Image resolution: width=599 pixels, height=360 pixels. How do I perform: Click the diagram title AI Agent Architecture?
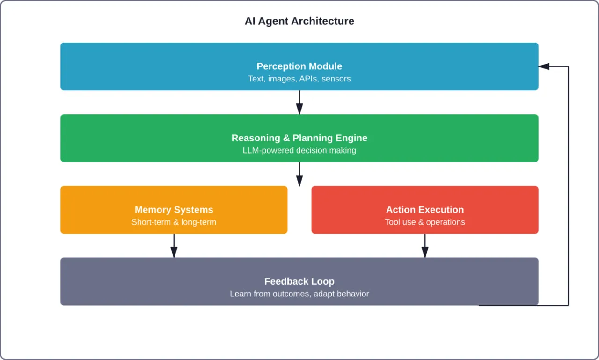point(299,21)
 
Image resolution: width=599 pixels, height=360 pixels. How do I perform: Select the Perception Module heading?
point(299,66)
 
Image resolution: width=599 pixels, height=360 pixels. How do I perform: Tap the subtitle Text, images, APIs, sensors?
point(299,79)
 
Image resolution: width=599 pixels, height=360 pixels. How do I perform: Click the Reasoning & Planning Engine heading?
point(299,138)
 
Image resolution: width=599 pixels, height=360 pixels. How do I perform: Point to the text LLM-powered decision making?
point(299,150)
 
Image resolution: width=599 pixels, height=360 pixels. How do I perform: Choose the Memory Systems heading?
point(174,210)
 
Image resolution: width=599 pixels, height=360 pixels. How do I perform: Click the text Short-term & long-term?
point(174,222)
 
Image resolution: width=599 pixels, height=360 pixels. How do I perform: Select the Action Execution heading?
point(424,210)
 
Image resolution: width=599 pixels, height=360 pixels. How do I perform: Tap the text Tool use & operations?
point(424,222)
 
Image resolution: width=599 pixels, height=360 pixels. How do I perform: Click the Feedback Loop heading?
point(299,281)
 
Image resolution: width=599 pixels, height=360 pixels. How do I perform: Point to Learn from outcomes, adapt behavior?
point(299,294)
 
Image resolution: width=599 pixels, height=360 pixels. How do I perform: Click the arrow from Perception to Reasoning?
point(299,102)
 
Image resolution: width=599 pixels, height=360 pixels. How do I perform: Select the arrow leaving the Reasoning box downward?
point(299,174)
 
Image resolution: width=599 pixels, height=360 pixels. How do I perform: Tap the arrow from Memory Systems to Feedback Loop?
point(174,245)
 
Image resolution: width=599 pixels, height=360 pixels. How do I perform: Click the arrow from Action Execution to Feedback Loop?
point(425,245)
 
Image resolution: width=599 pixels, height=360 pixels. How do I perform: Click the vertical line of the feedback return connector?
point(568,187)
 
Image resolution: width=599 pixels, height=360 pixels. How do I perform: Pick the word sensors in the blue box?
point(336,79)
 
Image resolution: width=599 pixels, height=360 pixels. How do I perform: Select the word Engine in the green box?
point(351,138)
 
